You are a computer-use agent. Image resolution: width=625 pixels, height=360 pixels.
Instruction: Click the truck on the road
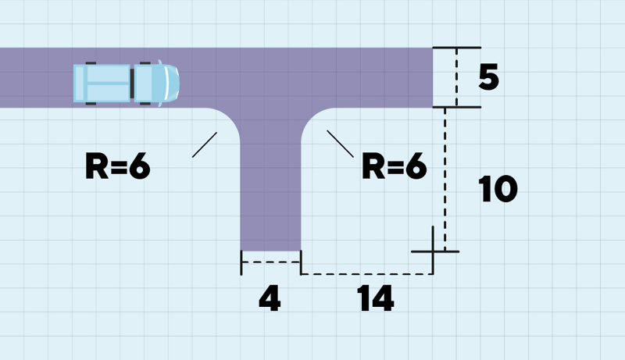pos(127,83)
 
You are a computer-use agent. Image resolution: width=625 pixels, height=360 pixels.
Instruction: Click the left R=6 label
pos(117,167)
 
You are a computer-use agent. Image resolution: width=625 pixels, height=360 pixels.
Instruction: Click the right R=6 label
pos(395,166)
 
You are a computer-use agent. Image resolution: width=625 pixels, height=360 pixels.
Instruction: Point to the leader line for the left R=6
pos(205,144)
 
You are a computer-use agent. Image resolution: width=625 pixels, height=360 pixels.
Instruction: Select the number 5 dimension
pos(488,78)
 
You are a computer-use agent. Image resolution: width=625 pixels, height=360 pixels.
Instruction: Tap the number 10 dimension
pos(498,188)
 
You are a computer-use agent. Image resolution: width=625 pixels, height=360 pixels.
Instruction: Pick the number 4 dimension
pos(269,299)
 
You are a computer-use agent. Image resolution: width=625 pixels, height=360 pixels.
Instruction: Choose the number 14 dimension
pos(377,299)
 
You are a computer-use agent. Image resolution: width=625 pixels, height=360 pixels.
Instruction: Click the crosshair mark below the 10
pos(434,251)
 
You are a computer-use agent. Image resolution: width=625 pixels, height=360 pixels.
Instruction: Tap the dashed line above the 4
pos(270,262)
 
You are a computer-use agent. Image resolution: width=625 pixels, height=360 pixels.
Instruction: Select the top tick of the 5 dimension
pos(456,48)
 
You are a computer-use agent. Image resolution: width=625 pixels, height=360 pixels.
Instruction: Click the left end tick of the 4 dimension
pos(241,263)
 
